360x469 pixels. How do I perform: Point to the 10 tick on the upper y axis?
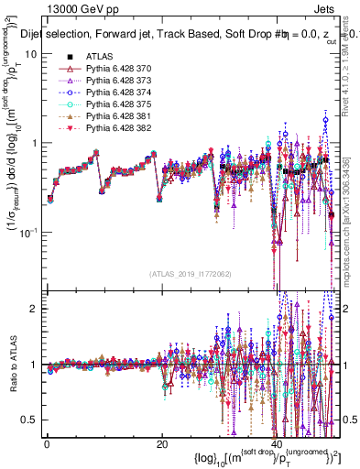pyautogui.click(x=30, y=54)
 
